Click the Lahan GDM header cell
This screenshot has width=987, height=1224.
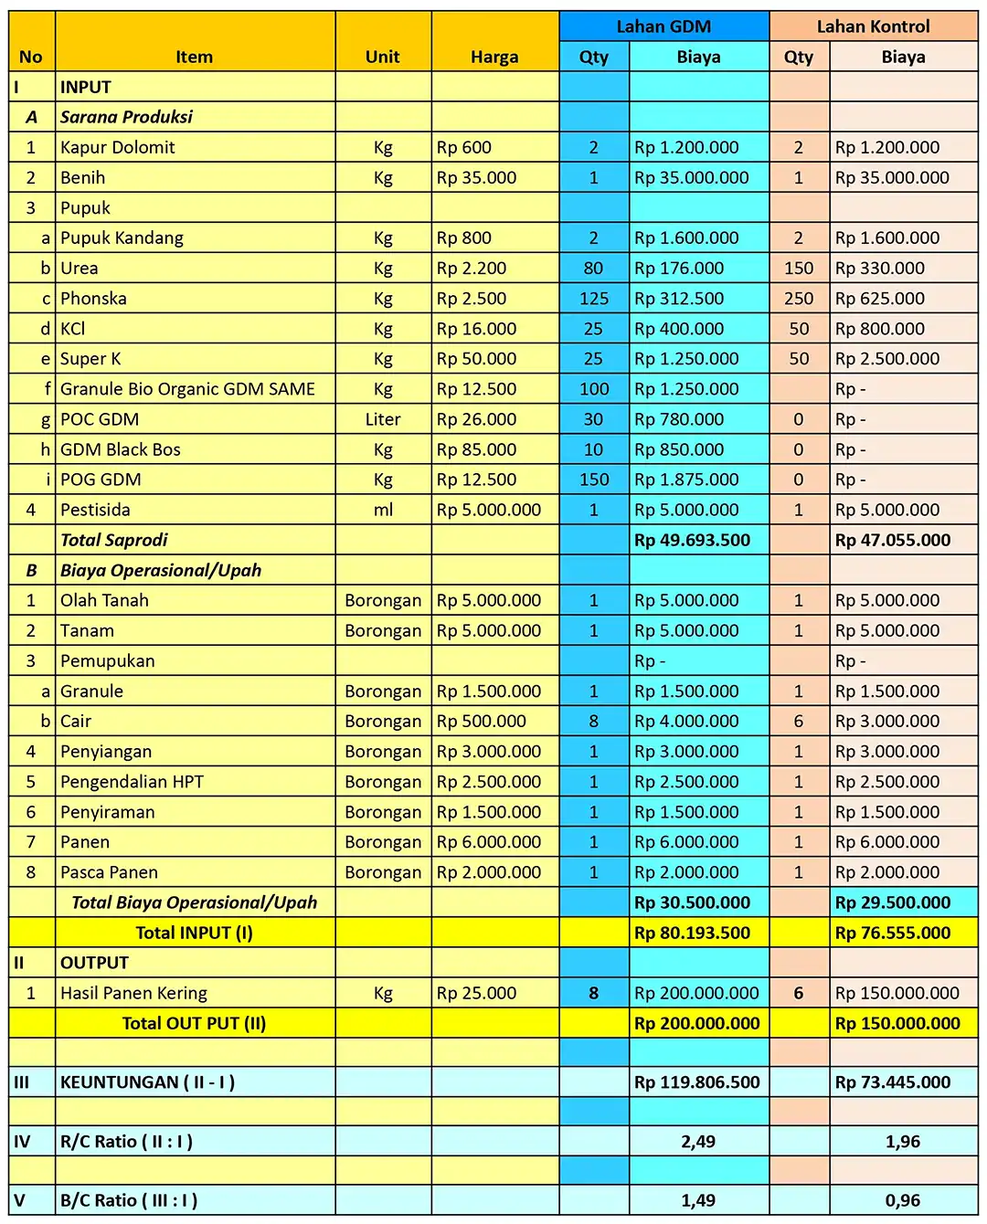(x=663, y=26)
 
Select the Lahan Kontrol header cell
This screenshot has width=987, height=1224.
(x=873, y=26)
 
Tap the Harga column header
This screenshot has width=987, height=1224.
(x=494, y=57)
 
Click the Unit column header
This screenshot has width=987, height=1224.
(x=382, y=57)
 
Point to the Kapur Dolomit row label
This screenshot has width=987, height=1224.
(x=118, y=147)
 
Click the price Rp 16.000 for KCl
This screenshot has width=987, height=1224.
(x=476, y=329)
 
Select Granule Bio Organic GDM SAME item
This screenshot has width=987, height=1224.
(x=187, y=389)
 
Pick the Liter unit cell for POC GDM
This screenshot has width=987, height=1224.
(x=383, y=419)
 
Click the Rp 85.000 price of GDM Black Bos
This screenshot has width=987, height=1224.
(x=476, y=449)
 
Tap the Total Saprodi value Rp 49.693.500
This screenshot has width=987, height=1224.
(x=692, y=540)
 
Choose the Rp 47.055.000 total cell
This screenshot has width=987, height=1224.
(x=892, y=540)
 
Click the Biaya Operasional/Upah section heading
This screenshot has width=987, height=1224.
(x=161, y=570)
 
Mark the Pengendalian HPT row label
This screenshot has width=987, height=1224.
(x=132, y=782)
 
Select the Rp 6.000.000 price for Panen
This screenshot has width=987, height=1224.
(x=488, y=842)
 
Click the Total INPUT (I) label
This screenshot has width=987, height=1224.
(x=194, y=933)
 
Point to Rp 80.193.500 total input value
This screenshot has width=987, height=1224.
(x=692, y=933)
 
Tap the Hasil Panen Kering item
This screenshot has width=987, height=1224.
(x=133, y=993)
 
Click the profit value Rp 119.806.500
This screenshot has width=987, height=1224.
(x=696, y=1082)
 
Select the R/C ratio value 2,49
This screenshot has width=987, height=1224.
(x=698, y=1142)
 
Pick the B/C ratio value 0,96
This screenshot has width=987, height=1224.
(x=903, y=1201)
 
